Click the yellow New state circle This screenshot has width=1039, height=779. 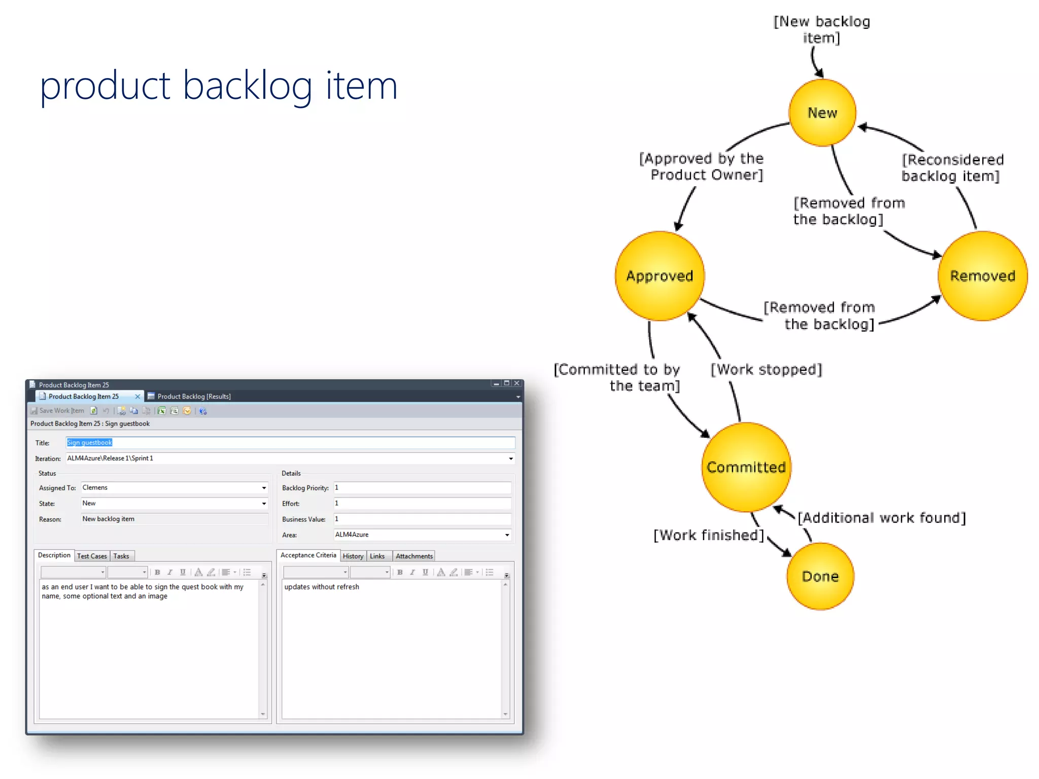822,113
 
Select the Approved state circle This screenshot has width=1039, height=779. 660,276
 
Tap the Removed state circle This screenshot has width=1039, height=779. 982,276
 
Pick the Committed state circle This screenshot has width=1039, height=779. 746,467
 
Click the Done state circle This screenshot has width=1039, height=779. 820,576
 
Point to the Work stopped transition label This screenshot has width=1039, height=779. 766,369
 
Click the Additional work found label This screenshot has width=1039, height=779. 882,518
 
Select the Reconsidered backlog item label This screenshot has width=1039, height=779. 952,168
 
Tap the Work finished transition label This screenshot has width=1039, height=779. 709,535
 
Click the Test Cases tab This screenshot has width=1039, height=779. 92,556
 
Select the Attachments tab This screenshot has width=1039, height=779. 414,556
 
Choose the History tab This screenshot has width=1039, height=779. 353,556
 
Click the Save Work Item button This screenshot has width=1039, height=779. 57,411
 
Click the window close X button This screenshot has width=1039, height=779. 517,383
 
